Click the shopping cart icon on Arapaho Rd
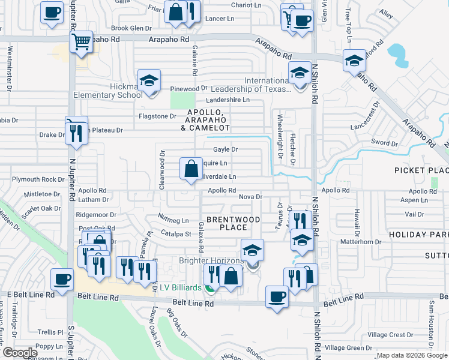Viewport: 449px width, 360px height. [x=81, y=43]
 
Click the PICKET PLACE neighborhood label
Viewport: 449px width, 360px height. [x=421, y=170]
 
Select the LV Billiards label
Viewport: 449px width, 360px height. [x=179, y=288]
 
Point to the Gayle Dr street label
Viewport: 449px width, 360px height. [x=226, y=149]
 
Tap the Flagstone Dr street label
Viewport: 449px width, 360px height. [x=157, y=116]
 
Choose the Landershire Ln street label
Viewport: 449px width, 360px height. [x=228, y=100]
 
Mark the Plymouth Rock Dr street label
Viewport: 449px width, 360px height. [x=38, y=179]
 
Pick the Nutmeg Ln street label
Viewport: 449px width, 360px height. [x=173, y=221]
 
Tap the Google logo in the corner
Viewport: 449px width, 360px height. [x=20, y=353]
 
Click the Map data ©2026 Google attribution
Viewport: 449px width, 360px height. [x=412, y=356]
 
